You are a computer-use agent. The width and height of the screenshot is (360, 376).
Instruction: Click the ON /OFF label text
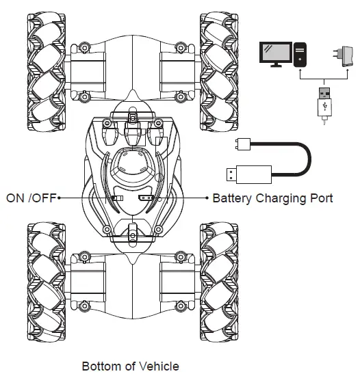click(x=31, y=198)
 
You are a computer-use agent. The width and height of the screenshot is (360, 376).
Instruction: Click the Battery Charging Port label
click(x=272, y=198)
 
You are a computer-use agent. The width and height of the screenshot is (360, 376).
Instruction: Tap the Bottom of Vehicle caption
click(x=130, y=366)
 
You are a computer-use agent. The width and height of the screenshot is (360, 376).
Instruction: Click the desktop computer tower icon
click(x=301, y=55)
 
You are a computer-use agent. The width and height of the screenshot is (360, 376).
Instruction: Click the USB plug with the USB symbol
click(x=322, y=102)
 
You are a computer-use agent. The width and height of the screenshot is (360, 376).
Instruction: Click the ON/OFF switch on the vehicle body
click(x=117, y=198)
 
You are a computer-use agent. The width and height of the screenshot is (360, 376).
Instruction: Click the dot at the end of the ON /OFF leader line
click(x=60, y=198)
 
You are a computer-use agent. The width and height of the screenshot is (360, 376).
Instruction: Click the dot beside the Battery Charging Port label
click(x=207, y=198)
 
